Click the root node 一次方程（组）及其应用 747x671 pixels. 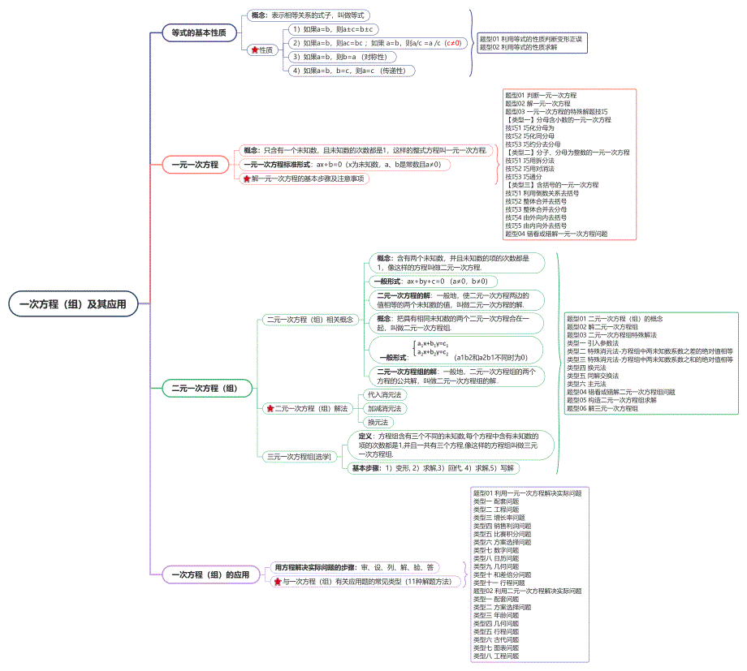click(73, 304)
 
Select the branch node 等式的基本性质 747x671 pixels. click(198, 33)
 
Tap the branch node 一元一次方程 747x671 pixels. click(194, 165)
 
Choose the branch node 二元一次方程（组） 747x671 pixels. click(205, 389)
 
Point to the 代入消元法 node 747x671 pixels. click(385, 394)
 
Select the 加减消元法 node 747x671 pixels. click(385, 408)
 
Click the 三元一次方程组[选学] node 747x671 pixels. click(300, 458)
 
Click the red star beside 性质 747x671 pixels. click(255, 50)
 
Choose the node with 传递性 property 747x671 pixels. click(351, 71)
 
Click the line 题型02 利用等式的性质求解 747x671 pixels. click(529, 47)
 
